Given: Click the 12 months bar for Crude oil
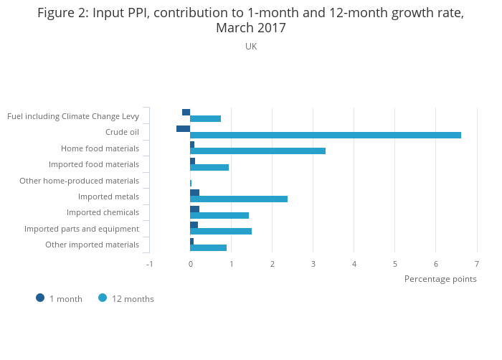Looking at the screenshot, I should pyautogui.click(x=326, y=135).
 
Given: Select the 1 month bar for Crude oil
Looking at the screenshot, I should pyautogui.click(x=183, y=128).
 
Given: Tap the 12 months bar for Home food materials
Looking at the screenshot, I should pyautogui.click(x=257, y=151).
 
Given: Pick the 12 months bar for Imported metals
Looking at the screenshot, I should pyautogui.click(x=239, y=199).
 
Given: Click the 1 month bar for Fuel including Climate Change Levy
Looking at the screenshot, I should pyautogui.click(x=186, y=112).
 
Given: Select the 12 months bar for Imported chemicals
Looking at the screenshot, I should pyautogui.click(x=219, y=215).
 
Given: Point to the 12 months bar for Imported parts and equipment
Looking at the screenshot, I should pyautogui.click(x=221, y=232).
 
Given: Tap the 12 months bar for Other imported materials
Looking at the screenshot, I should pyautogui.click(x=208, y=247).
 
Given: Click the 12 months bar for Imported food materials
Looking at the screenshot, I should pyautogui.click(x=209, y=167).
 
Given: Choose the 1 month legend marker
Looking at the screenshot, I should pyautogui.click(x=40, y=298).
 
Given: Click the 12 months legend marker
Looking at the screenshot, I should pyautogui.click(x=103, y=298).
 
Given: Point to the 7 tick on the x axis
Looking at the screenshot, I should pyautogui.click(x=476, y=264).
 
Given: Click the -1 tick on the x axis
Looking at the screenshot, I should pyautogui.click(x=149, y=264).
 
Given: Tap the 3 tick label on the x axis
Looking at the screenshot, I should pyautogui.click(x=313, y=264).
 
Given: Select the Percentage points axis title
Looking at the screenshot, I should pyautogui.click(x=440, y=279).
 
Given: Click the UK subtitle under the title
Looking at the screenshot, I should pyautogui.click(x=251, y=47).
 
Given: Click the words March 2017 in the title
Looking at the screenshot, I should pyautogui.click(x=251, y=29).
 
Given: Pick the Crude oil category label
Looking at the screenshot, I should pyautogui.click(x=122, y=132).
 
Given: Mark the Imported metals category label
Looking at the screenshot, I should pyautogui.click(x=108, y=196).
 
